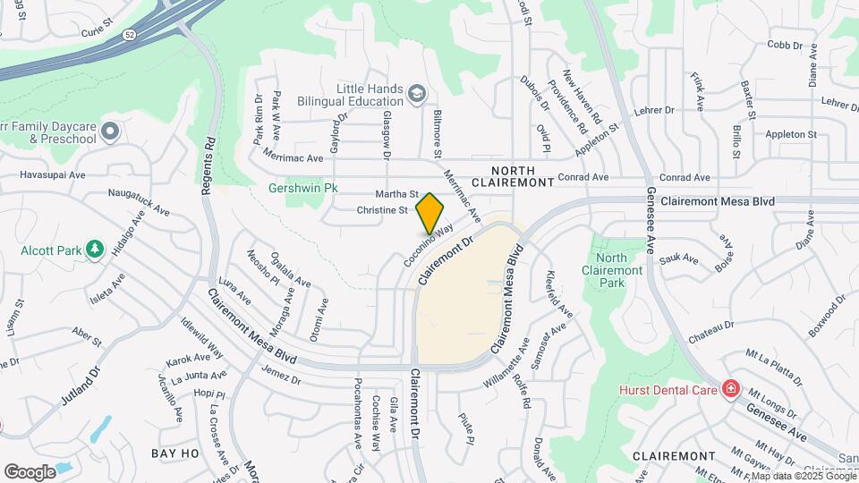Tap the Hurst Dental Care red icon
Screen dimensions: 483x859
731,389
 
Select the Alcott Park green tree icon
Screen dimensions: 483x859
95,250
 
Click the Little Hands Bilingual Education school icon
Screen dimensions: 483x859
416,93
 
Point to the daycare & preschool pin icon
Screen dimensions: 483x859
111,132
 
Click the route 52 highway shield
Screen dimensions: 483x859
131,33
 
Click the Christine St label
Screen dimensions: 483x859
382,209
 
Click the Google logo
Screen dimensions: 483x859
30,471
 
